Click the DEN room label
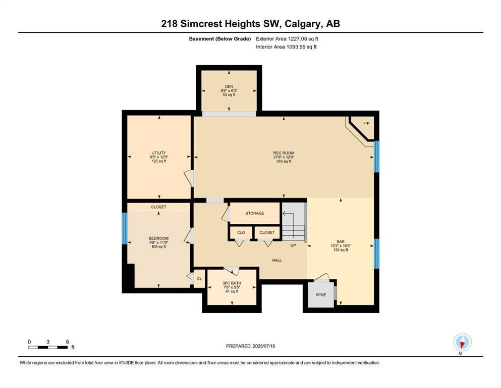(229, 86)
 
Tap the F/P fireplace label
(366, 123)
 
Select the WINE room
(321, 294)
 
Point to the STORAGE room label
(255, 213)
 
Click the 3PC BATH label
(232, 283)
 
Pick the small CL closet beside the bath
(199, 278)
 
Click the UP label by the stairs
(293, 246)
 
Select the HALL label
(277, 260)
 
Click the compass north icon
(462, 342)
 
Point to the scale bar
(48, 347)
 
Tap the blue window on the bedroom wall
(125, 228)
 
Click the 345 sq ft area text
(284, 162)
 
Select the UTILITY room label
(159, 153)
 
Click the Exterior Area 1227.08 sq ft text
(287, 39)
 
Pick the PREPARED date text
(250, 346)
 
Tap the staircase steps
(293, 221)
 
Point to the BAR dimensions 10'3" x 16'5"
(341, 246)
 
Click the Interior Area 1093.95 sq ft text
(286, 46)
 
